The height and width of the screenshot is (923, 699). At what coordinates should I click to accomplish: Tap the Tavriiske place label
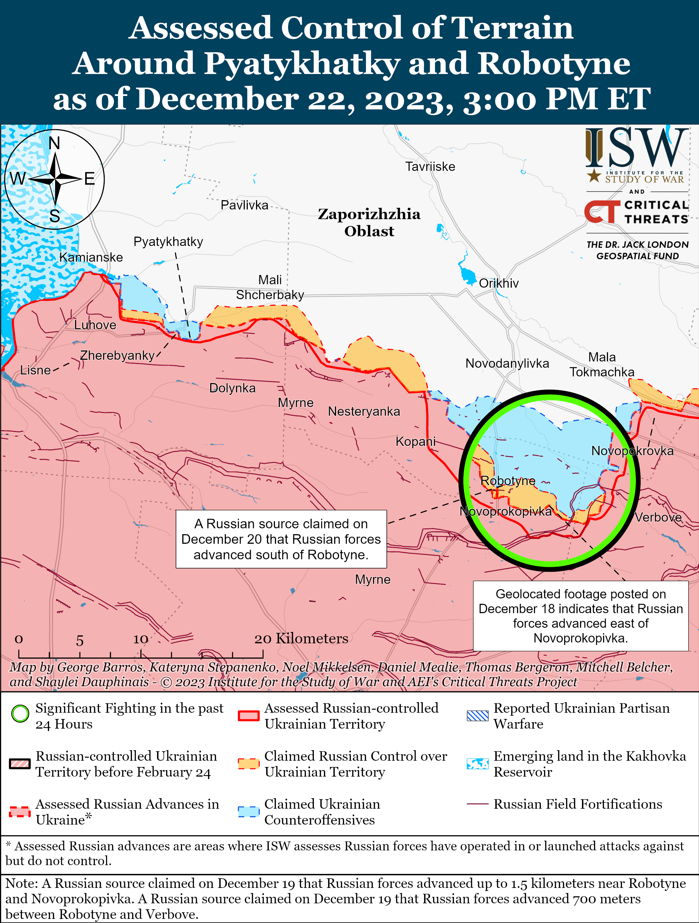[x=430, y=166]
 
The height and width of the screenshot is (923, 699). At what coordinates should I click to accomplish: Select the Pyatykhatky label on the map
[x=168, y=242]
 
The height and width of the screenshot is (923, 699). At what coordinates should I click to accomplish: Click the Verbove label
[x=658, y=517]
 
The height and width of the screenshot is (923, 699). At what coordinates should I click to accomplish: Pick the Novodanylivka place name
[x=507, y=363]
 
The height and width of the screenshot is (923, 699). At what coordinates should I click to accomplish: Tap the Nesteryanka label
[x=364, y=411]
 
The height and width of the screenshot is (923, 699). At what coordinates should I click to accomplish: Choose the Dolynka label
[x=232, y=388]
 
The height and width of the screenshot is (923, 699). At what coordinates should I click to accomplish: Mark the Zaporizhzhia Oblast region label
[x=369, y=222]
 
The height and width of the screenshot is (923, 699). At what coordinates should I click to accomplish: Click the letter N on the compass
[x=55, y=143]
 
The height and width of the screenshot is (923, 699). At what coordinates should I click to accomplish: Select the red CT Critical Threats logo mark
[x=601, y=212]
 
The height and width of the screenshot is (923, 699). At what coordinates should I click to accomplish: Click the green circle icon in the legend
[x=20, y=713]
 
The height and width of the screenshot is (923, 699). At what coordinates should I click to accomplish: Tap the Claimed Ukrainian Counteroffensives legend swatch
[x=249, y=811]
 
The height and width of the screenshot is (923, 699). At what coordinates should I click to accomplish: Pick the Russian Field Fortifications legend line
[x=477, y=804]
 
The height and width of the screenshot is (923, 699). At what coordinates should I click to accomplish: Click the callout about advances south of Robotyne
[x=281, y=539]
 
